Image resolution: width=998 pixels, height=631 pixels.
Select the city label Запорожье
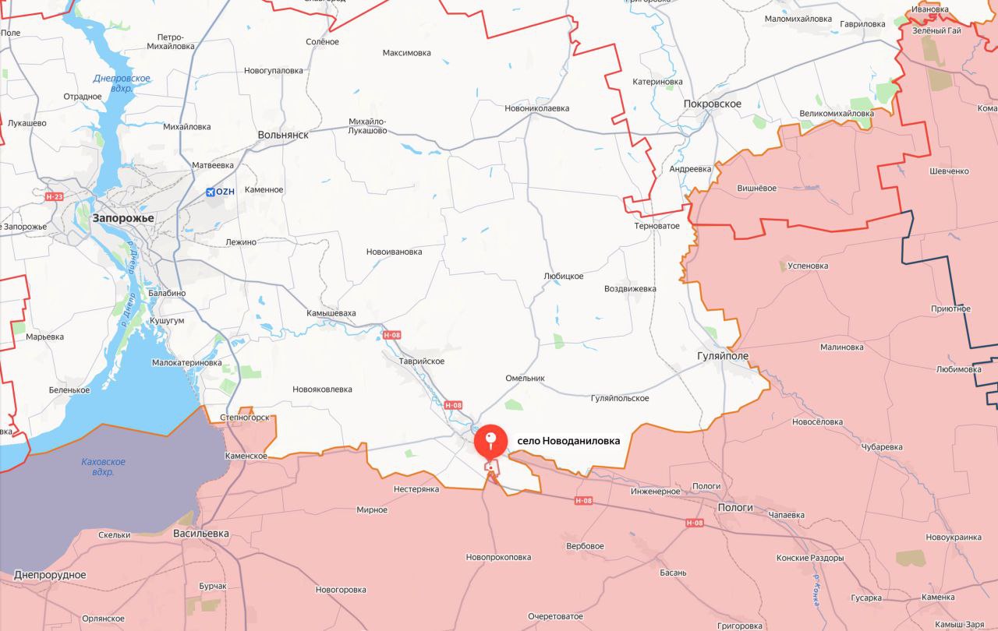(x=123, y=219)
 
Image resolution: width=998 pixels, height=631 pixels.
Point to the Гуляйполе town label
(x=722, y=355)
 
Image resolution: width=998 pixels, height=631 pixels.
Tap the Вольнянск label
(x=283, y=135)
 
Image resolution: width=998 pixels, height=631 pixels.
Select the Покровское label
(x=711, y=104)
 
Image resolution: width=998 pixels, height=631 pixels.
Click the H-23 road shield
(x=55, y=197)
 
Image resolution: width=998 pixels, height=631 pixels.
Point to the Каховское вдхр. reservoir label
(x=103, y=467)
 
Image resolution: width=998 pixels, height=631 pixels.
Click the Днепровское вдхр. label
(x=121, y=83)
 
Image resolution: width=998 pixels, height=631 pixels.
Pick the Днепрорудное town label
(x=50, y=575)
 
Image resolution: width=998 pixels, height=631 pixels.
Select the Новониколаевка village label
(x=536, y=109)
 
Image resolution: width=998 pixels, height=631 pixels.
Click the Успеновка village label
(x=809, y=266)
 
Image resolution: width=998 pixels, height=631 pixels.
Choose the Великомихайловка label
(x=837, y=114)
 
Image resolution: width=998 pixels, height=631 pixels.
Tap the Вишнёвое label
(x=756, y=188)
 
